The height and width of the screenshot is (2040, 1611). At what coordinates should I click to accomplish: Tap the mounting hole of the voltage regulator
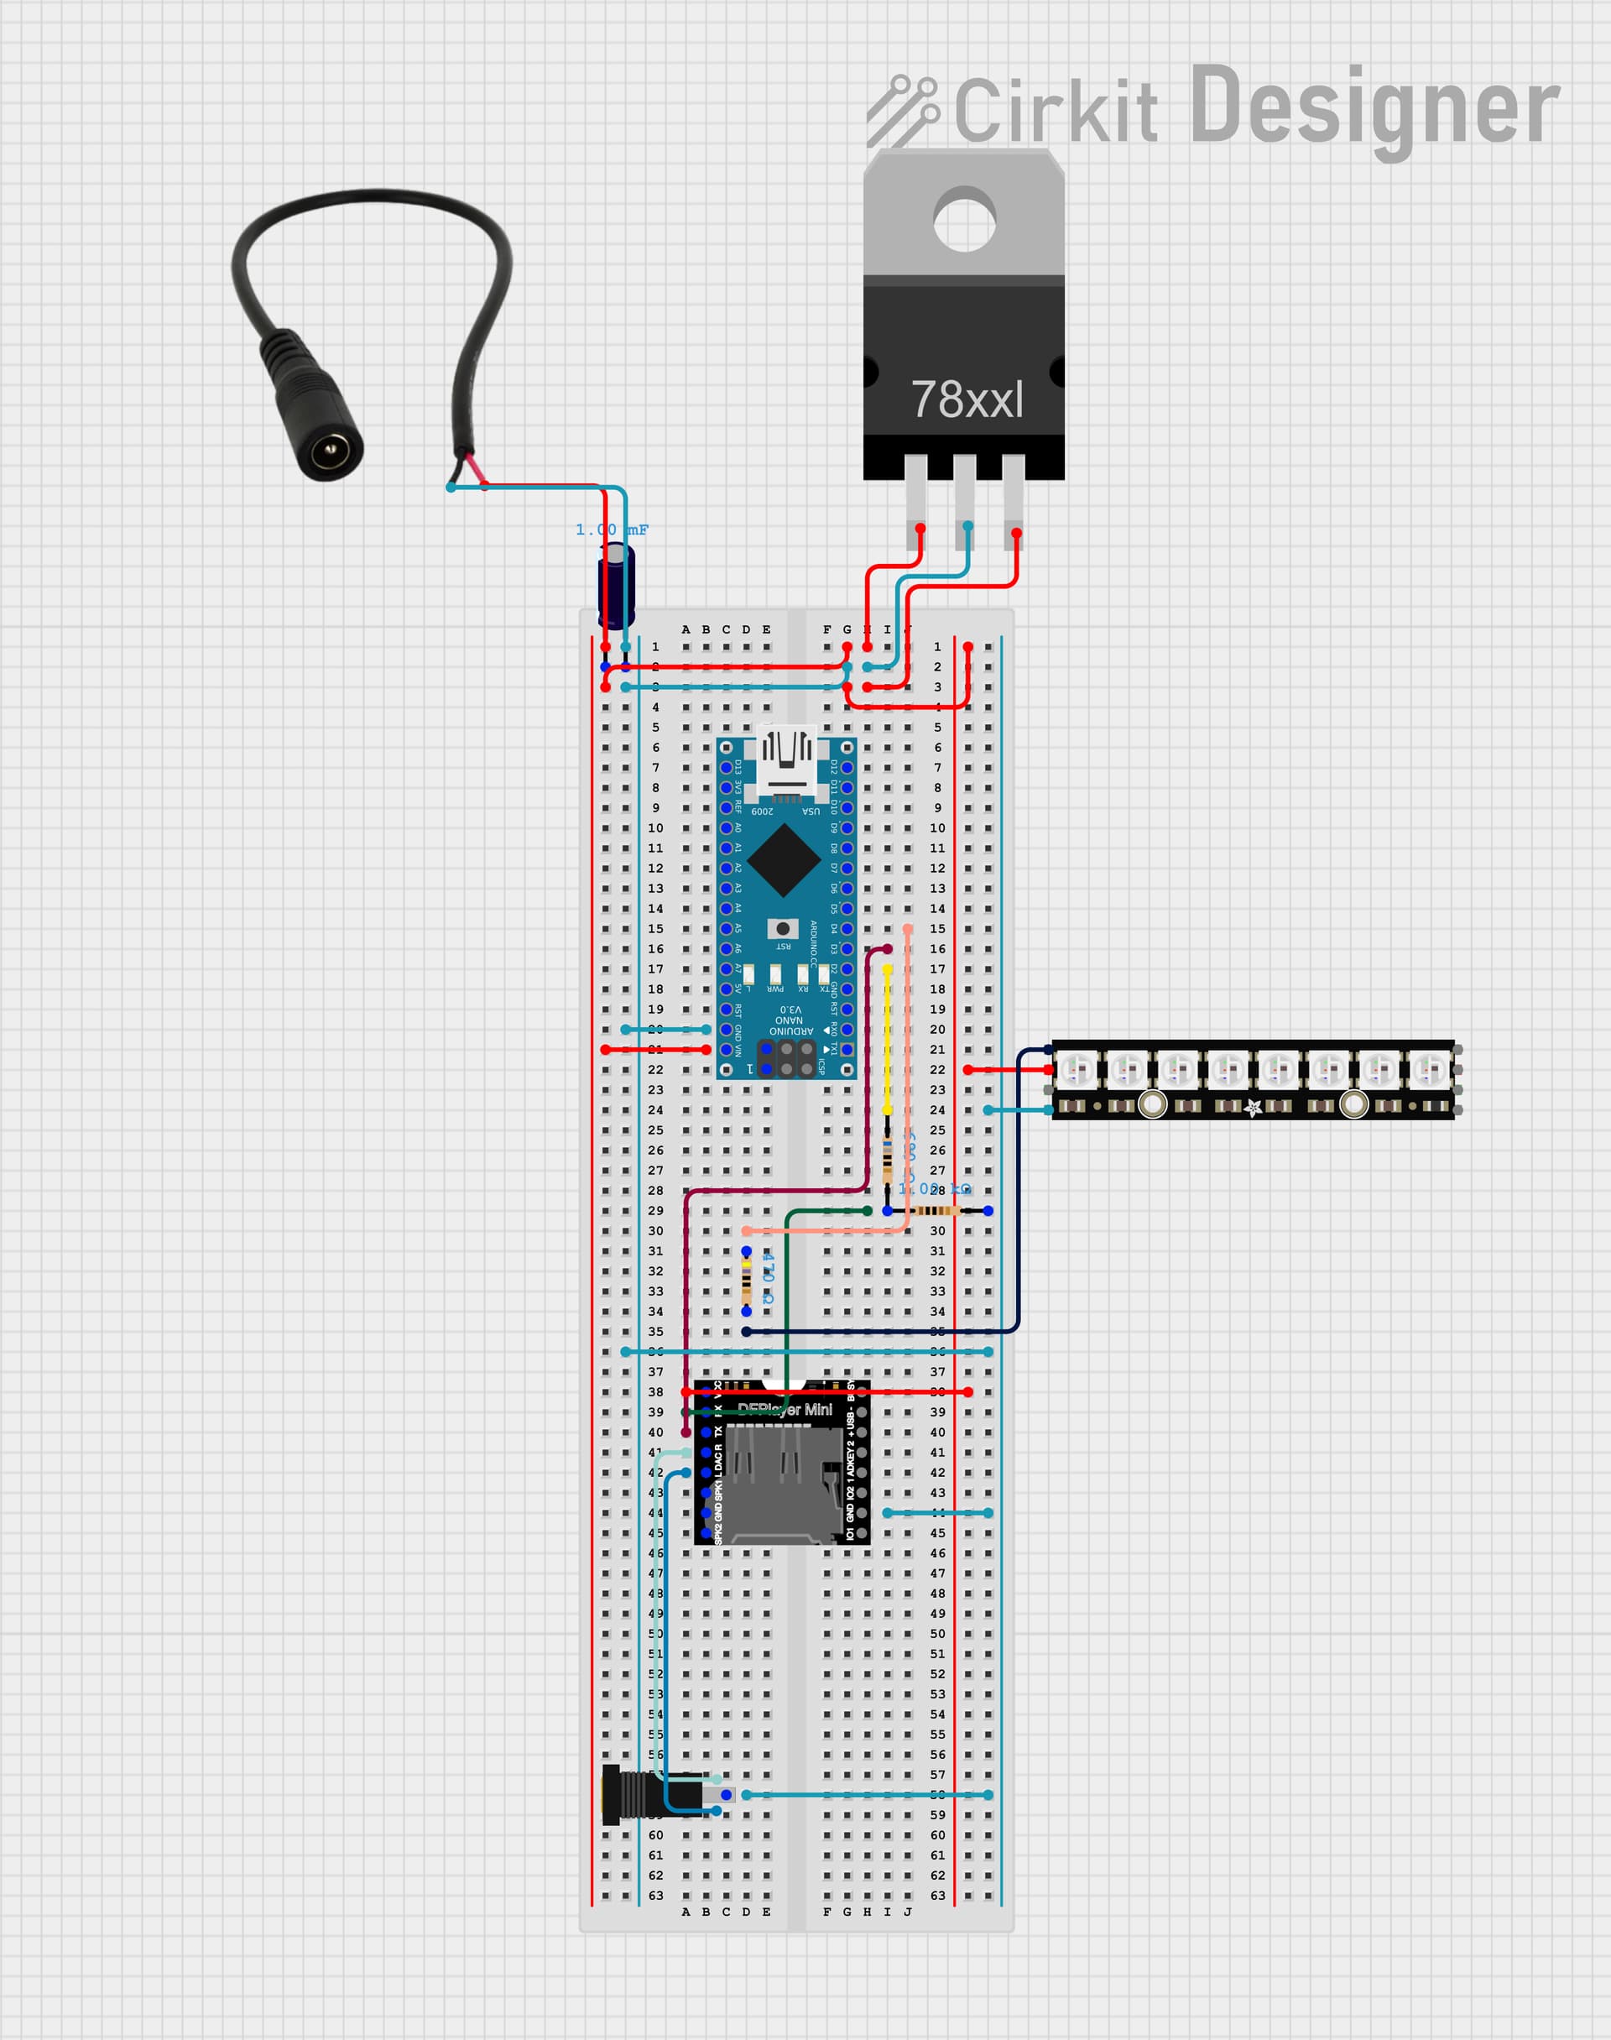click(964, 221)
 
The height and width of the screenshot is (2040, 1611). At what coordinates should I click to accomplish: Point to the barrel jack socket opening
click(330, 451)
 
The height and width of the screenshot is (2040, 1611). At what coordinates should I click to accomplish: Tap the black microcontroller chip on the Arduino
click(784, 859)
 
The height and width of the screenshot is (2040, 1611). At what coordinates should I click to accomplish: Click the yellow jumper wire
click(887, 1037)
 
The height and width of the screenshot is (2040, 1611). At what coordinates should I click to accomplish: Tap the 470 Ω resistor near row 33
click(746, 1281)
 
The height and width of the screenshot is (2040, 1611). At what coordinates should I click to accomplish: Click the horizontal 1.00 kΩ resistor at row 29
click(936, 1210)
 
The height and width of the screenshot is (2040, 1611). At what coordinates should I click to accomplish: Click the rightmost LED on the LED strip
click(1430, 1070)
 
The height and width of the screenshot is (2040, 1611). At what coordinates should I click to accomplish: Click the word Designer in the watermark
click(1374, 108)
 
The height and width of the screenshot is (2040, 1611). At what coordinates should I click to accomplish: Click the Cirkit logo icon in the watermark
click(903, 112)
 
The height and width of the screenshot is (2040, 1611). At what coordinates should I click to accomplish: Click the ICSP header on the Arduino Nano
click(787, 1058)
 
